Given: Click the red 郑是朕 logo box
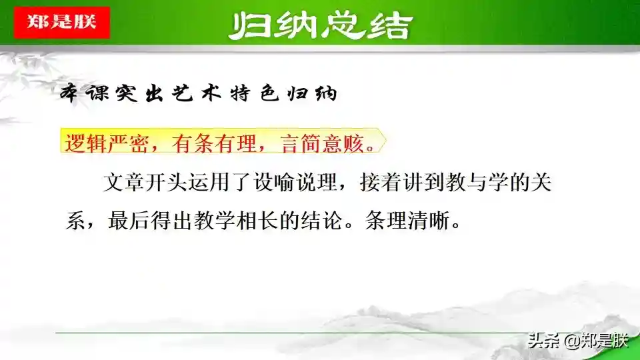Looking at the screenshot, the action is pyautogui.click(x=61, y=23).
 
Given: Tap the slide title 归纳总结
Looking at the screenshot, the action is pyautogui.click(x=321, y=26).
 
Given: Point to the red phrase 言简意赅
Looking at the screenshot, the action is pyautogui.click(x=323, y=143).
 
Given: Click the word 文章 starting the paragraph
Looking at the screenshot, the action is pyautogui.click(x=124, y=183).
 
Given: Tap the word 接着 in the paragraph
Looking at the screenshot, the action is pyautogui.click(x=381, y=183).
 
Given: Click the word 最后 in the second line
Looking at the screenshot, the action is pyautogui.click(x=129, y=221).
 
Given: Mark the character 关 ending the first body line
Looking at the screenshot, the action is pyautogui.click(x=541, y=183).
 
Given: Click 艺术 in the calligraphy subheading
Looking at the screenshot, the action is pyautogui.click(x=197, y=93).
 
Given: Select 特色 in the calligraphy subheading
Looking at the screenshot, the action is pyautogui.click(x=255, y=93).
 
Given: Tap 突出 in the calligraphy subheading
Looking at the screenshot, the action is pyautogui.click(x=139, y=93).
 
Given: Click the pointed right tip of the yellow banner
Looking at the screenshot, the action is pyautogui.click(x=386, y=141).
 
